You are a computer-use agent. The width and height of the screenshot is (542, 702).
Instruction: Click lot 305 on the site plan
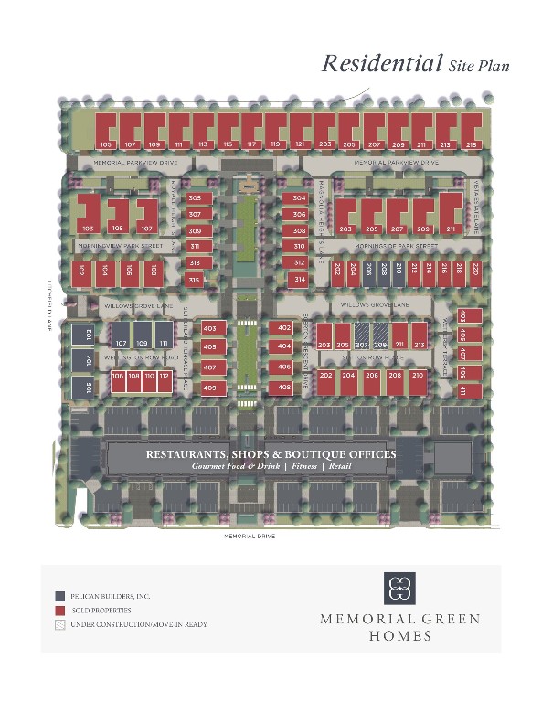[195, 198]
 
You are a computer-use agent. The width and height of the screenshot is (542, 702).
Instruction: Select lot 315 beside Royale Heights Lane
[194, 279]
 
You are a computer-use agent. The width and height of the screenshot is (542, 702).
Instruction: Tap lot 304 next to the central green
[299, 198]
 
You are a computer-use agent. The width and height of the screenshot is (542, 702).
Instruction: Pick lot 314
[299, 279]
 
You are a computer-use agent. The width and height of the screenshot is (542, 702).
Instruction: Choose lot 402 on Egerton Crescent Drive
[283, 328]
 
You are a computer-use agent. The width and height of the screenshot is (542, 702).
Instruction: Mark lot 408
[283, 388]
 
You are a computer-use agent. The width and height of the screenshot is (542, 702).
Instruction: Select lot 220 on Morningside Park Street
[473, 270]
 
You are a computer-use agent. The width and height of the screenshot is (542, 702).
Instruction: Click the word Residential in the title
[381, 64]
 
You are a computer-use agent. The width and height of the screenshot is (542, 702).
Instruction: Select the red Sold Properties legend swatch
[59, 610]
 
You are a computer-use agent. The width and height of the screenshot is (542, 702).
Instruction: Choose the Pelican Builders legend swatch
[59, 595]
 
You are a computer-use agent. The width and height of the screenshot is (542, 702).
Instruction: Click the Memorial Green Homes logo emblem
[399, 588]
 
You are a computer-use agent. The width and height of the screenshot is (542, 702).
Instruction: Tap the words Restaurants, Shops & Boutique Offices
[271, 454]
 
